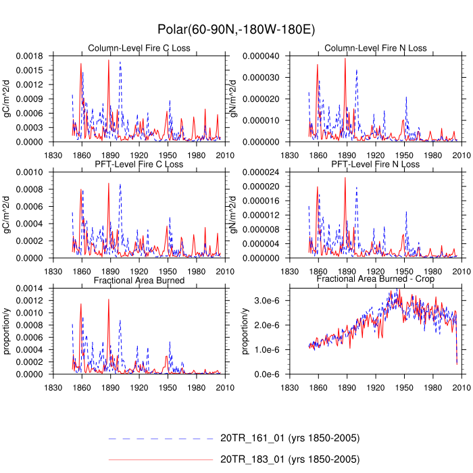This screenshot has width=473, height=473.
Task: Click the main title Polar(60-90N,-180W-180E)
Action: point(236,29)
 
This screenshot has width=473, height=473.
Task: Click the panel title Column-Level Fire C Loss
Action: point(140,48)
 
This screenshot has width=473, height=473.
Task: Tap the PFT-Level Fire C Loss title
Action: point(140,164)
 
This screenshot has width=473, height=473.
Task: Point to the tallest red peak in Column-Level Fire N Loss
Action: point(345,58)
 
